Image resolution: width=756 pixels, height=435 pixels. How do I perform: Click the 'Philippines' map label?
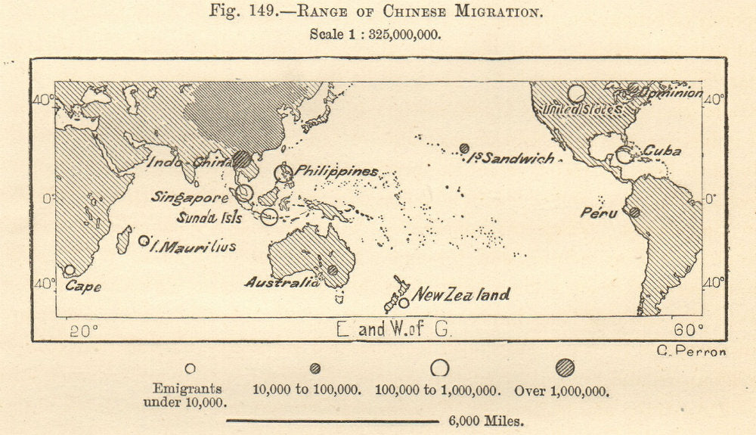336,172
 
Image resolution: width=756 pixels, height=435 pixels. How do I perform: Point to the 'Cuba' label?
662,151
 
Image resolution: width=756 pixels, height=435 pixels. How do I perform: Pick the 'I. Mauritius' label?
194,246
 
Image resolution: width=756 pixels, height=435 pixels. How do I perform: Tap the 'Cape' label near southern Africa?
82,287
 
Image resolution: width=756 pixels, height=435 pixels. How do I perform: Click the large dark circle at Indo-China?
241,159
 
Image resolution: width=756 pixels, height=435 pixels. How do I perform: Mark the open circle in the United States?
576,94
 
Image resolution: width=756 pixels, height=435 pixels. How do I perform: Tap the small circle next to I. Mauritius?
144,241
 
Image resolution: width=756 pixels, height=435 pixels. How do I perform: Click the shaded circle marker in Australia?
332,270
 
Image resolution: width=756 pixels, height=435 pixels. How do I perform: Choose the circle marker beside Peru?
634,213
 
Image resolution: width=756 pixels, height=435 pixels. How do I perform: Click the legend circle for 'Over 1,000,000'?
565,368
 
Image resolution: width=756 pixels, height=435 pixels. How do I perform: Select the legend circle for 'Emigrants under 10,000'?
190,368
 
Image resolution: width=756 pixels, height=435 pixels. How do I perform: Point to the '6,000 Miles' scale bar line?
333,421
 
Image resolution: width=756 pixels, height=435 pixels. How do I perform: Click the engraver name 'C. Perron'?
692,351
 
